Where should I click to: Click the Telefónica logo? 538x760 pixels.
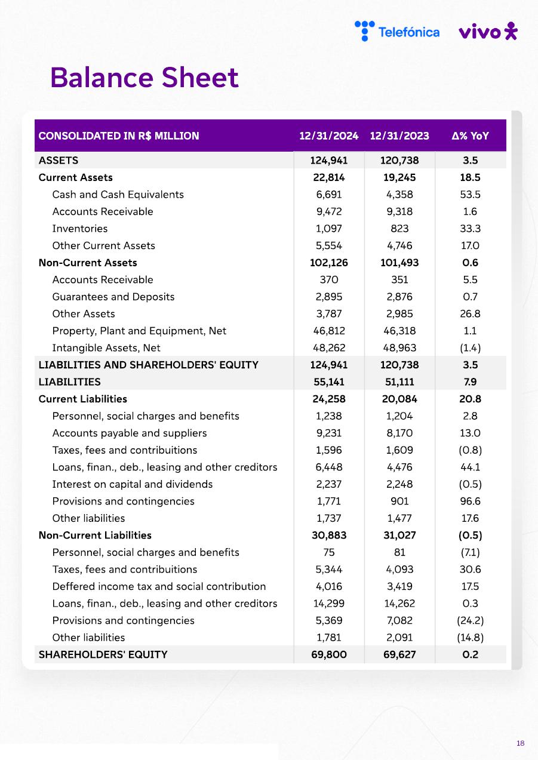(x=397, y=31)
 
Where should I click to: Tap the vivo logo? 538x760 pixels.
(x=488, y=32)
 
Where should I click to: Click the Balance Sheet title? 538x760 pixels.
(x=145, y=78)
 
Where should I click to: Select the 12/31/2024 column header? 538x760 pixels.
(x=329, y=136)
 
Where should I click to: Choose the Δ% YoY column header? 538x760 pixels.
(x=471, y=136)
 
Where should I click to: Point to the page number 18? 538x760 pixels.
(x=520, y=743)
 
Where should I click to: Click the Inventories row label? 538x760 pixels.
(x=80, y=229)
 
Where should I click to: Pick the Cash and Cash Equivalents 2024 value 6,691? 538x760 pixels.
(x=329, y=195)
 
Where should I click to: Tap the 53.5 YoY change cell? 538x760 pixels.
(x=471, y=195)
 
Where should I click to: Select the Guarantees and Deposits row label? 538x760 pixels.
(x=113, y=297)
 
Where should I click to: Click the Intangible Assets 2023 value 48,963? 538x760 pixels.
(x=399, y=348)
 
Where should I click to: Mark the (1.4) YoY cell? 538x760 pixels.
(x=471, y=348)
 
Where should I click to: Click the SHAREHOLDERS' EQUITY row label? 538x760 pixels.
(x=103, y=654)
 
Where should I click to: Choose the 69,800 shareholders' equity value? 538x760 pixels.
(x=329, y=654)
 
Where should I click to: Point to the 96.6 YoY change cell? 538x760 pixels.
(x=471, y=501)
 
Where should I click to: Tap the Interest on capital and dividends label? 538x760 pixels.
(x=133, y=484)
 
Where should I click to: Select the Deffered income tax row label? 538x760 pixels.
(x=159, y=586)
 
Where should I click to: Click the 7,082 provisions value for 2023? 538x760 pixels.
(x=399, y=620)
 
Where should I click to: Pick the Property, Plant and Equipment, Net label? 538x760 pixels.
(x=139, y=331)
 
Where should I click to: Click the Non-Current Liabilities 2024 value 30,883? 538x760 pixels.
(x=329, y=536)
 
